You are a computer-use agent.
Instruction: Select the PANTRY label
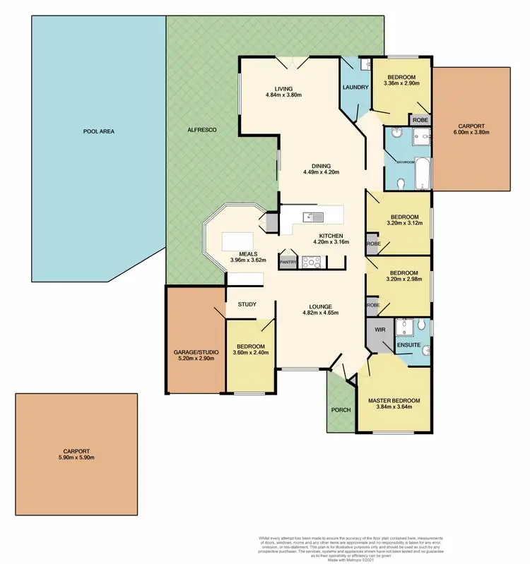point(288,261)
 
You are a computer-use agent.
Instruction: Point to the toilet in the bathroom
point(401,184)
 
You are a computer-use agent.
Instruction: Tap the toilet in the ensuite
point(421,325)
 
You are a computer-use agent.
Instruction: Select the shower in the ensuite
point(405,326)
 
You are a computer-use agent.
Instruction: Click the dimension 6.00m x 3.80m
point(471,132)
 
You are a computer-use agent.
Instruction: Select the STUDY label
point(247,304)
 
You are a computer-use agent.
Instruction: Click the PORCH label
point(341,410)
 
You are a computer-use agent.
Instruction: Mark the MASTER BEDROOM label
point(394,401)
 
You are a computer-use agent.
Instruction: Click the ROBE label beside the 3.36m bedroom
point(420,120)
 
